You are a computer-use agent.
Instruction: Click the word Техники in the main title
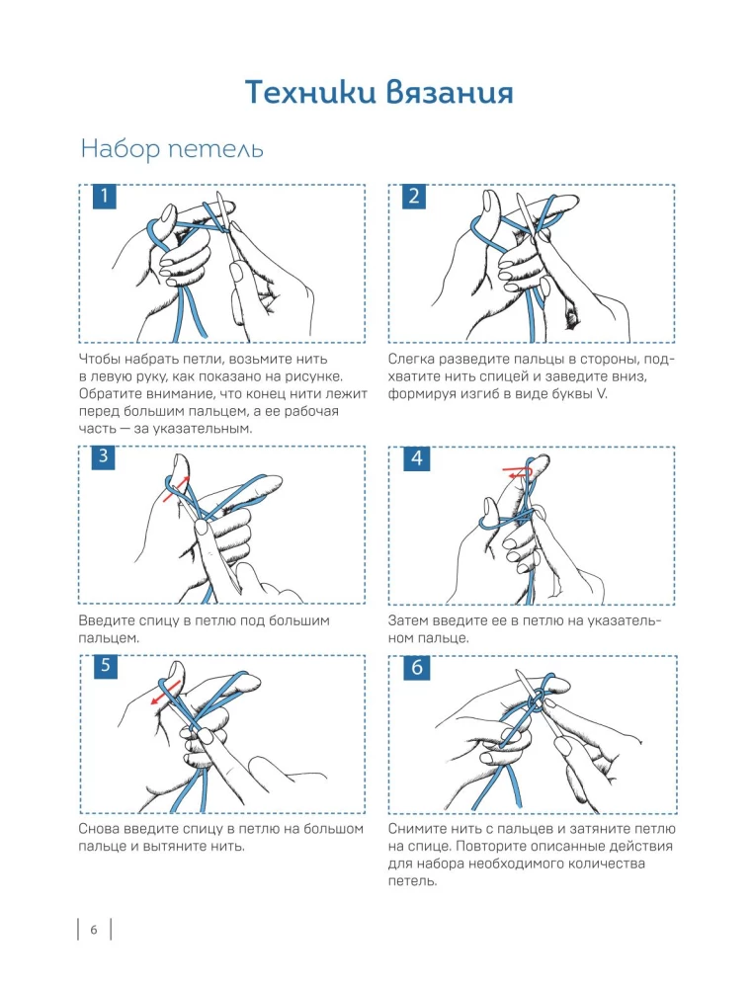(x=308, y=92)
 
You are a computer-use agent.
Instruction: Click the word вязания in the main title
(x=449, y=92)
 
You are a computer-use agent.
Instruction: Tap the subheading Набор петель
(x=171, y=149)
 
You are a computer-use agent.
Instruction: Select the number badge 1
(x=105, y=196)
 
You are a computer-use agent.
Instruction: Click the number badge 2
(x=414, y=196)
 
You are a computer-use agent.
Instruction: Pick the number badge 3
(x=105, y=456)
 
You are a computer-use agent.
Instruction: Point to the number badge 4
(x=416, y=458)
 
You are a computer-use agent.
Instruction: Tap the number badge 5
(x=105, y=666)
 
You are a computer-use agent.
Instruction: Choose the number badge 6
(x=416, y=667)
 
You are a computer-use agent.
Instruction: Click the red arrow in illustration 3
(x=176, y=489)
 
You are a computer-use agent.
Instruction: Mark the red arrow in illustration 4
(x=518, y=472)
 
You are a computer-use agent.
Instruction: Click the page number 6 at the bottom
(x=94, y=930)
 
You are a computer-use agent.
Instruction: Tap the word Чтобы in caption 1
(x=99, y=360)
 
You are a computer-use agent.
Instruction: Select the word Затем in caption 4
(x=409, y=620)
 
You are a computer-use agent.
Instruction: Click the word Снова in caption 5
(x=99, y=829)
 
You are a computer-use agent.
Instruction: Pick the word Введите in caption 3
(x=106, y=620)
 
